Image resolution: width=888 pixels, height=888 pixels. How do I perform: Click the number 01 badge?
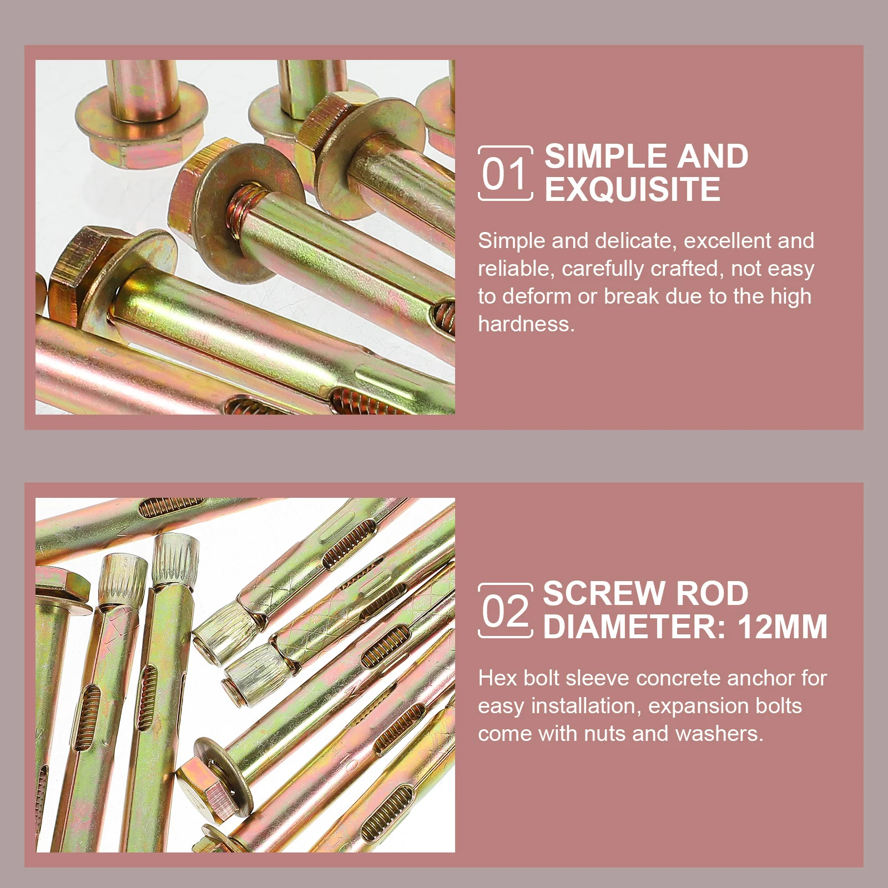tap(505, 173)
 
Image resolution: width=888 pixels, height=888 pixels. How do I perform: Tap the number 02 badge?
tap(505, 611)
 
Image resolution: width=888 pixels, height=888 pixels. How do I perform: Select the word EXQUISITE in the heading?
tap(632, 190)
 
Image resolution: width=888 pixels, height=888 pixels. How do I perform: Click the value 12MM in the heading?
tap(782, 627)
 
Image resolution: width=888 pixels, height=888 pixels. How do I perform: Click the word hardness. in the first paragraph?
tap(526, 324)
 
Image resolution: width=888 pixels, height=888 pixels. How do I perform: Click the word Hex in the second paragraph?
tap(497, 678)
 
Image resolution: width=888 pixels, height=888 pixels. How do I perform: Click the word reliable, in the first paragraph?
tap(516, 269)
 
